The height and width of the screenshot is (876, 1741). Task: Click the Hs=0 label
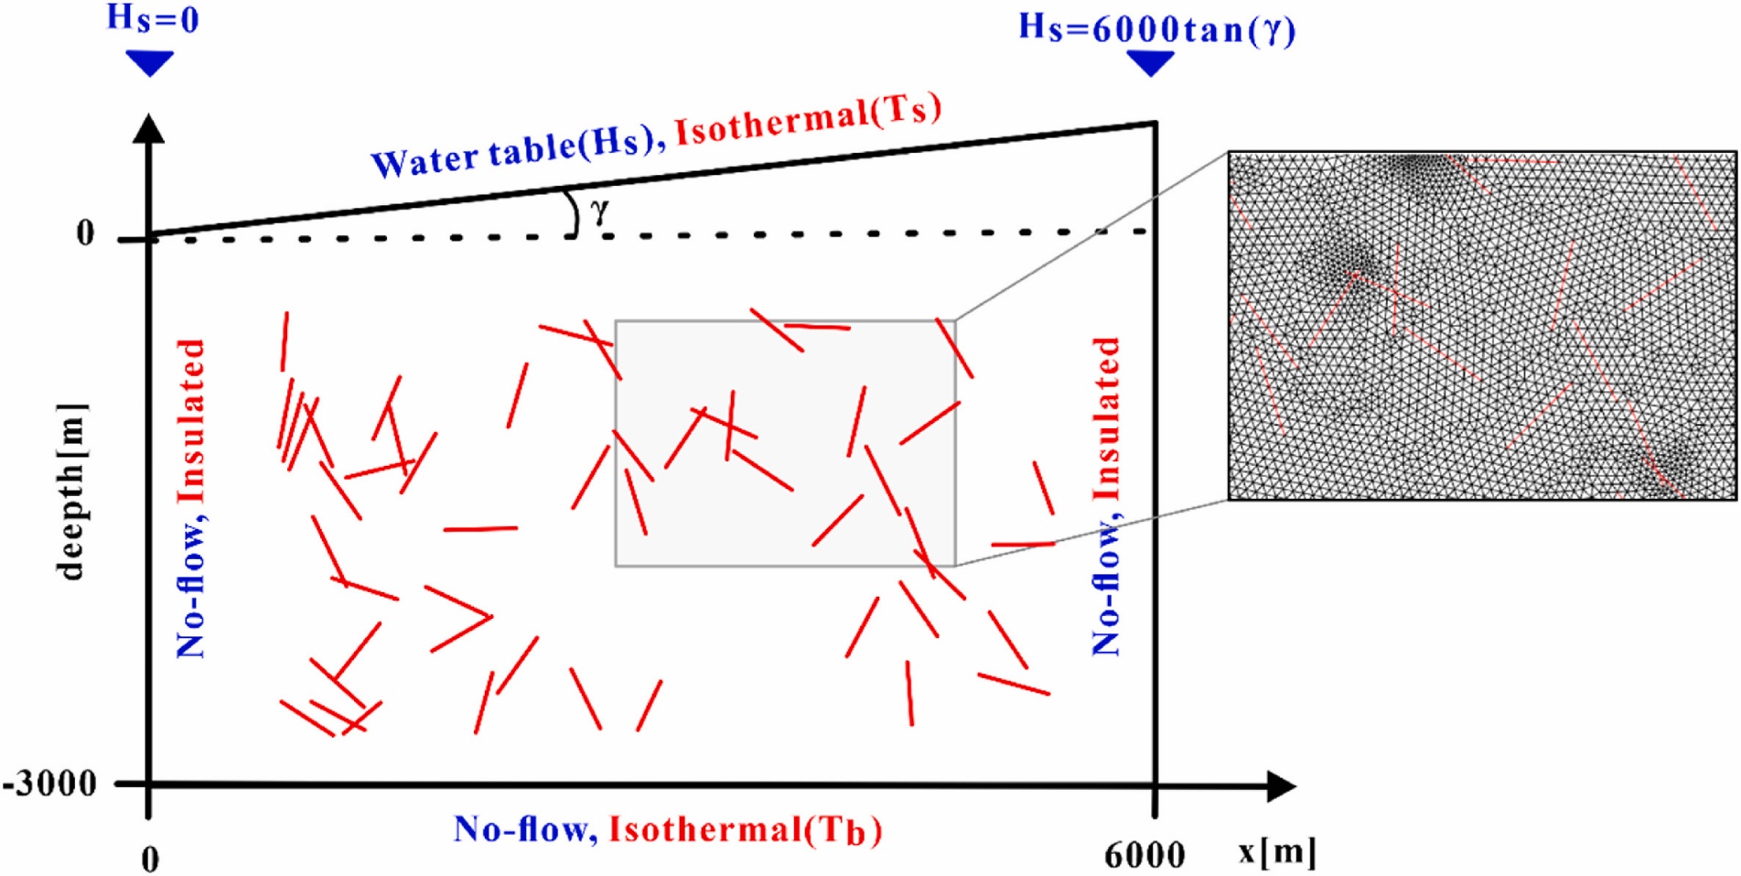coord(153,18)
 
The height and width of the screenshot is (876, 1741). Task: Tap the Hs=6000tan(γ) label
coord(1156,28)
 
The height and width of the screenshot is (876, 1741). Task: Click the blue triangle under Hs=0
coord(149,63)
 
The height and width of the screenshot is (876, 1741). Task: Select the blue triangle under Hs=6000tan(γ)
coord(1150,63)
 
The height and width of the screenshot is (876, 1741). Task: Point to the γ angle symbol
coord(599,212)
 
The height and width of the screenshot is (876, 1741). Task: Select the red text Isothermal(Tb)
coord(746,829)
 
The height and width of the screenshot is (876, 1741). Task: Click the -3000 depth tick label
coord(50,784)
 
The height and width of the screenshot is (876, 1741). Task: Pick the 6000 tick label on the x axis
coord(1144,855)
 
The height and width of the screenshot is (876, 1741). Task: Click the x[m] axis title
coord(1277,851)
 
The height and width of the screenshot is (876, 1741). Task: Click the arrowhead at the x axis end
coord(1281,785)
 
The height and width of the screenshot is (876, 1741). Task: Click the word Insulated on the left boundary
coord(190,421)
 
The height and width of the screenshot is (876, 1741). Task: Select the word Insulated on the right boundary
coord(1106,418)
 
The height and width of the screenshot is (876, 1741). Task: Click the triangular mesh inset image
coord(1481,326)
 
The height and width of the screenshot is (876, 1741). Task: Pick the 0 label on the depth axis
coord(85,234)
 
